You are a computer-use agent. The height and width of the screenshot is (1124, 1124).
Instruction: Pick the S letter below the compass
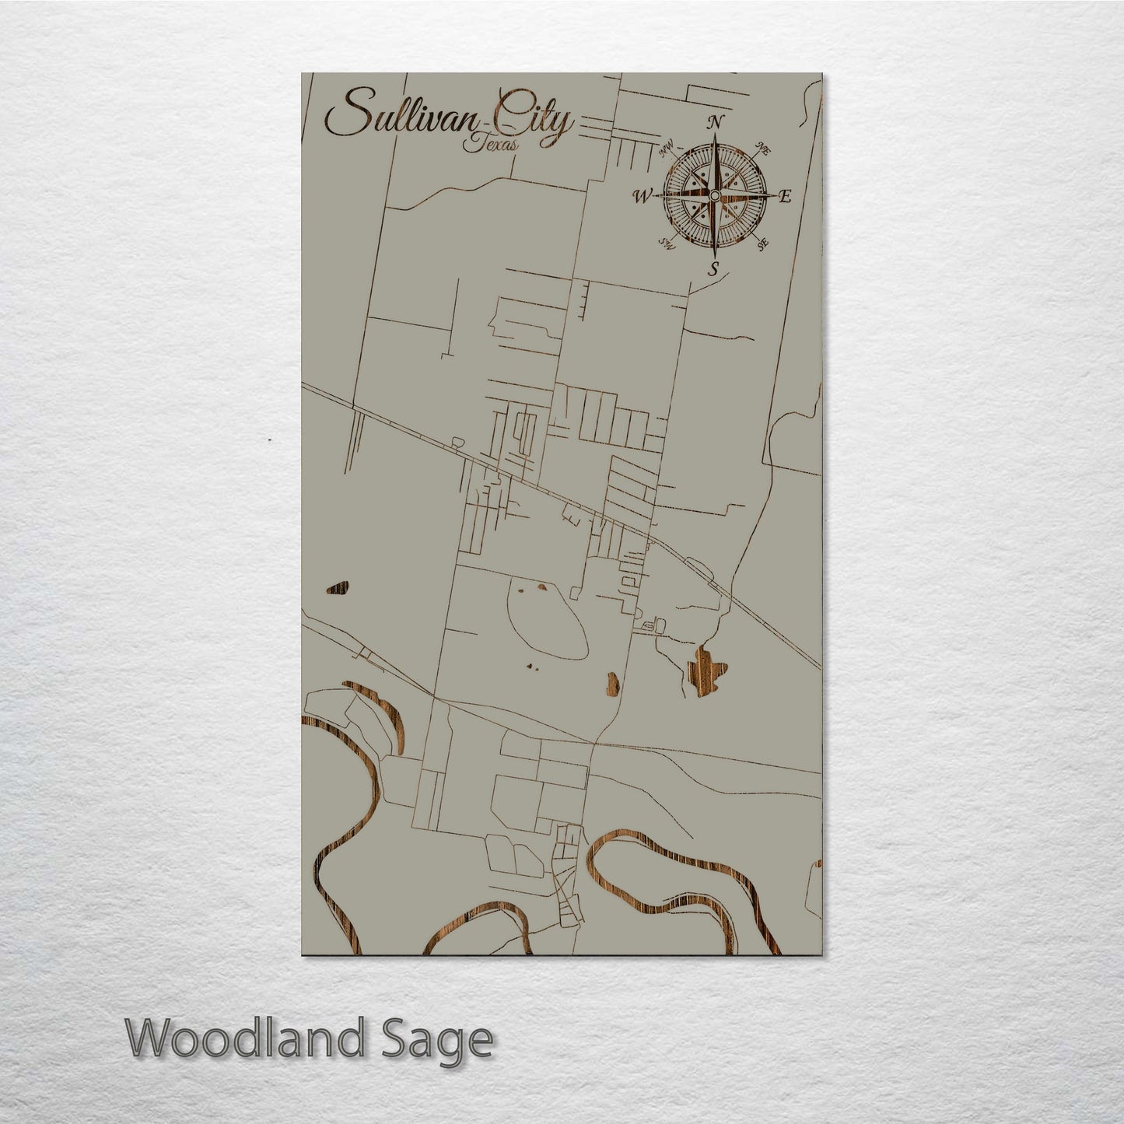713,269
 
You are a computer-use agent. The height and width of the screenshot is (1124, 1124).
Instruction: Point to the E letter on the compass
785,197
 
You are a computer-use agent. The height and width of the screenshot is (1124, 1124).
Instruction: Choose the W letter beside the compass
643,196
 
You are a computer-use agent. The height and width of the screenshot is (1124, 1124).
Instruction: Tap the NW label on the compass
667,149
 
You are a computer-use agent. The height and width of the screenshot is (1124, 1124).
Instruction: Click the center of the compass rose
714,195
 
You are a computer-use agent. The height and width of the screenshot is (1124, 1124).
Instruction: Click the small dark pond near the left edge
338,588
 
